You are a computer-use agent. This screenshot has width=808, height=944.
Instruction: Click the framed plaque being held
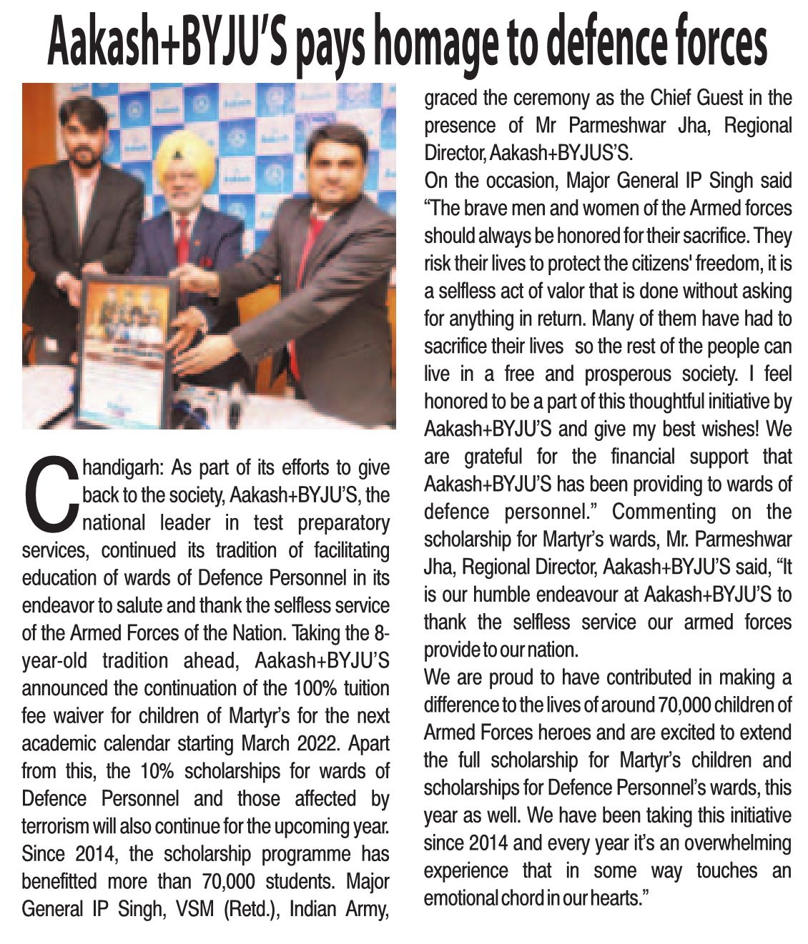125,350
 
